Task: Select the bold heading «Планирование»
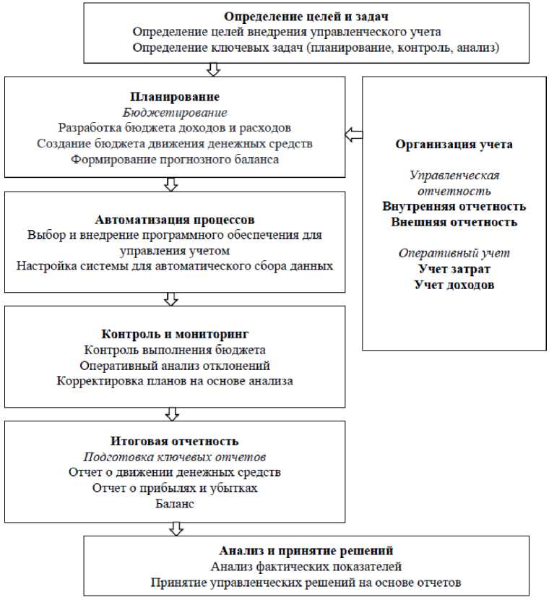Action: (x=175, y=97)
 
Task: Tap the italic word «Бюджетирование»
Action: (x=175, y=113)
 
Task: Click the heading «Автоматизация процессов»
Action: (x=175, y=219)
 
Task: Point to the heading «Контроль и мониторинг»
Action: (x=175, y=334)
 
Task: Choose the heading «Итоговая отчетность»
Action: (x=175, y=441)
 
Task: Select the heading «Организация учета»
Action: (x=454, y=144)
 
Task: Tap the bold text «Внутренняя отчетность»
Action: (x=454, y=207)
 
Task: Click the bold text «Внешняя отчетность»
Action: (x=454, y=222)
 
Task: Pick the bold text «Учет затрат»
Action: (x=454, y=269)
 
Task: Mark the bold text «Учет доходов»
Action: (x=454, y=285)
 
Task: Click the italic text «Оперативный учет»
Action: (x=454, y=253)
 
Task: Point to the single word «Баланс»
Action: (x=175, y=504)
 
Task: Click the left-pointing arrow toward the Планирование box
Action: (x=353, y=134)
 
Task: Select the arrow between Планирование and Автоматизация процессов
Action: (x=171, y=184)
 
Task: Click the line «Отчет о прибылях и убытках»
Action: (x=175, y=488)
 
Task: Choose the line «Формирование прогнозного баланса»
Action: (x=175, y=160)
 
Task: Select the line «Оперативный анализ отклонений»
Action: (x=175, y=365)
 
